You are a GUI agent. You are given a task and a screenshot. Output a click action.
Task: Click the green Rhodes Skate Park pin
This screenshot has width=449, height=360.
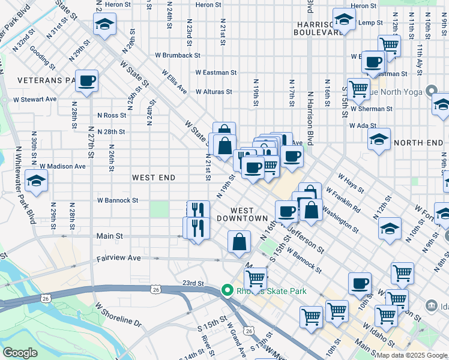227,291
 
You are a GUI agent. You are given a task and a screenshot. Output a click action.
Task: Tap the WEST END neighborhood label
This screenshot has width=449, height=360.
154,178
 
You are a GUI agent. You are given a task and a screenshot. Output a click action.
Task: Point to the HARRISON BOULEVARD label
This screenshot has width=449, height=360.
318,28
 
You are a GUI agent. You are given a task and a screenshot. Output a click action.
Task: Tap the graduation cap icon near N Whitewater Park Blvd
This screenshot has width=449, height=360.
37,182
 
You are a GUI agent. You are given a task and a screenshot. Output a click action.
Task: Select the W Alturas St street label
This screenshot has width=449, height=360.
214,92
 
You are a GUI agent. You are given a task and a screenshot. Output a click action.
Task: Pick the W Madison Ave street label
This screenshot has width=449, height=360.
62,166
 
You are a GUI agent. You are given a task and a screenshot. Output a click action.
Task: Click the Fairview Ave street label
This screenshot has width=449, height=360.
118,258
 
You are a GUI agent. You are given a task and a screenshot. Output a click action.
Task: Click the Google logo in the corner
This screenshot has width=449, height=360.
20,353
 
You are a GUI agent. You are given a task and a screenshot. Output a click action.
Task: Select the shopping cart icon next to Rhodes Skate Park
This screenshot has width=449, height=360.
255,278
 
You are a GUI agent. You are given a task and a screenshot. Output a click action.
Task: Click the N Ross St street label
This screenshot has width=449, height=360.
112,115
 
